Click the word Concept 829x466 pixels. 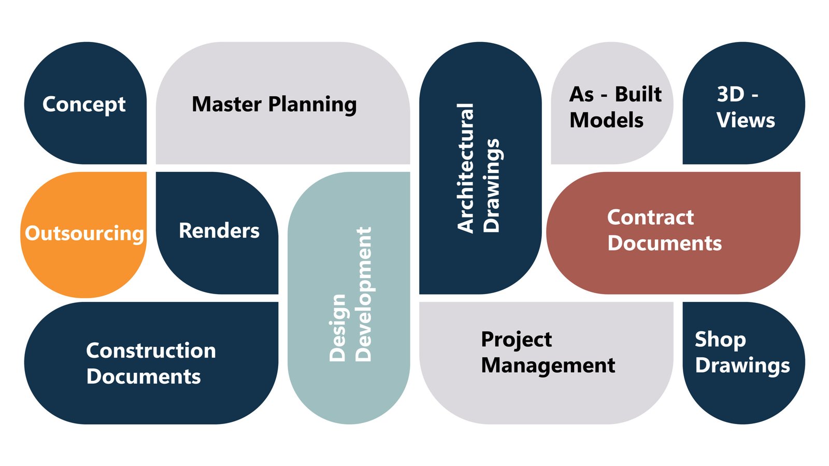tap(84, 105)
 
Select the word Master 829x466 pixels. tap(226, 104)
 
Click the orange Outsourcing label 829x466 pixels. tap(84, 234)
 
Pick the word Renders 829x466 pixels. tap(219, 231)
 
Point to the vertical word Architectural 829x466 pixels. tap(465, 168)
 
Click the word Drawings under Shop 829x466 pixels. tap(742, 366)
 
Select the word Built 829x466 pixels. tap(638, 94)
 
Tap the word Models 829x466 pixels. tap(606, 121)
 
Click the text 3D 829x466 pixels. tap(731, 94)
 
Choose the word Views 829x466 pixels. tap(746, 121)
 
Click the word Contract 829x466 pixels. tap(650, 217)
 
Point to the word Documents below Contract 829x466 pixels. tap(664, 243)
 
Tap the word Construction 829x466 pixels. tap(151, 351)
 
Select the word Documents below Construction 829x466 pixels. tap(144, 377)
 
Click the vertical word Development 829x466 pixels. tap(364, 294)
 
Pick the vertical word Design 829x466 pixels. tap(338, 327)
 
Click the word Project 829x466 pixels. tap(516, 340)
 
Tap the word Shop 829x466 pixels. tap(720, 340)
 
